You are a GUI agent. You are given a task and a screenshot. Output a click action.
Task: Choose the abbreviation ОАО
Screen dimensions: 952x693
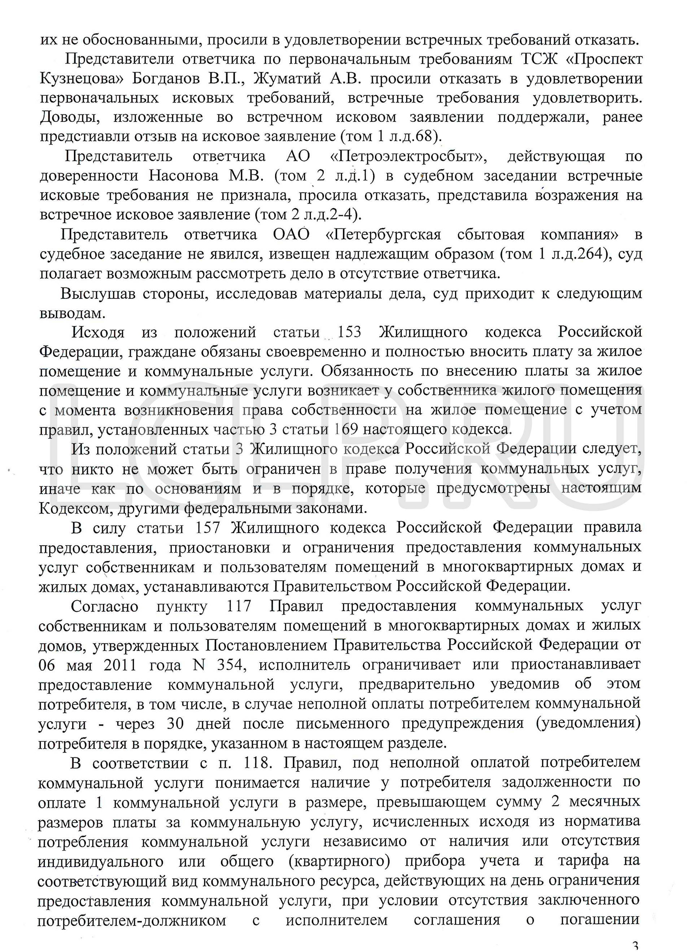[291, 234]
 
